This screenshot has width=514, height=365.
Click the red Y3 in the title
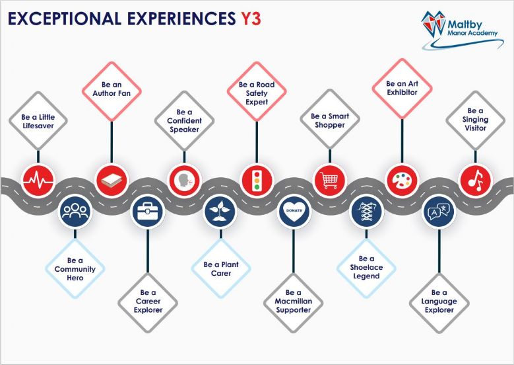(x=251, y=19)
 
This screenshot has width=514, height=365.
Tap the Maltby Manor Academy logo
(x=463, y=30)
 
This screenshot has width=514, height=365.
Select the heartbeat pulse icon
(x=38, y=181)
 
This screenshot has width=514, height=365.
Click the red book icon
(x=112, y=181)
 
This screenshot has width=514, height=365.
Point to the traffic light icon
(x=257, y=181)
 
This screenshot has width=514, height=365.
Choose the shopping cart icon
(x=330, y=181)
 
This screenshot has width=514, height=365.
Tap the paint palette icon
(x=402, y=181)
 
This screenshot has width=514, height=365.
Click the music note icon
(x=475, y=181)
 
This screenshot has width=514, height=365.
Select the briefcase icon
(x=148, y=212)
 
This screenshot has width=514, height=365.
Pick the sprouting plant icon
(x=220, y=212)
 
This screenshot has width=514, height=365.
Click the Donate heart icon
(x=294, y=212)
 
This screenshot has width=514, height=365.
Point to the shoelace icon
(x=366, y=212)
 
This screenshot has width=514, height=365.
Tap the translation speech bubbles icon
(x=439, y=212)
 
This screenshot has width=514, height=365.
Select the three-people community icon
(x=75, y=212)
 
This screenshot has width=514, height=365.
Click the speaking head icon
(x=184, y=181)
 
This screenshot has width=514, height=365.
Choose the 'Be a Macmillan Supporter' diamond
(x=294, y=301)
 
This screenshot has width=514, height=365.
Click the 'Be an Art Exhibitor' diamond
(x=402, y=88)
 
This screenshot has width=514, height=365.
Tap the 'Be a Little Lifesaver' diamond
(x=38, y=121)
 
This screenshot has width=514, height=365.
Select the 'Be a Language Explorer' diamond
(x=439, y=301)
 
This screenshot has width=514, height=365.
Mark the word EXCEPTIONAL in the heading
(x=65, y=19)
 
